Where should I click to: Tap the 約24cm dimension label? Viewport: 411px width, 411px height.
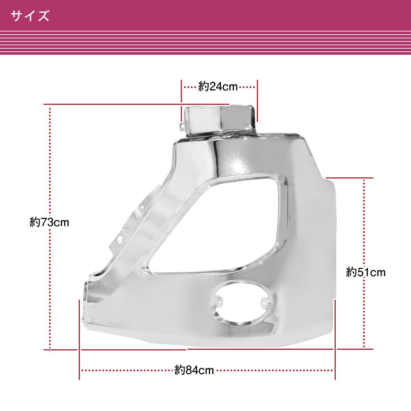(218, 87)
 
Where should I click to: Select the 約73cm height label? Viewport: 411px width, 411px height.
(49, 222)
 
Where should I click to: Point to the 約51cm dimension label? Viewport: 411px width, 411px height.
(365, 272)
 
